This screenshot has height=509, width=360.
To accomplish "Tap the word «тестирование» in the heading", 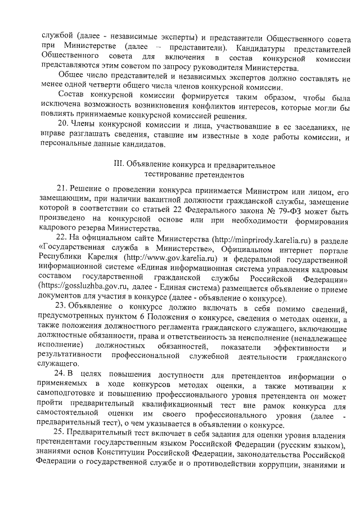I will pyautogui.click(x=168, y=175).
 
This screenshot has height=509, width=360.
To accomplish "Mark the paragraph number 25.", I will pyautogui.click(x=64, y=432).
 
